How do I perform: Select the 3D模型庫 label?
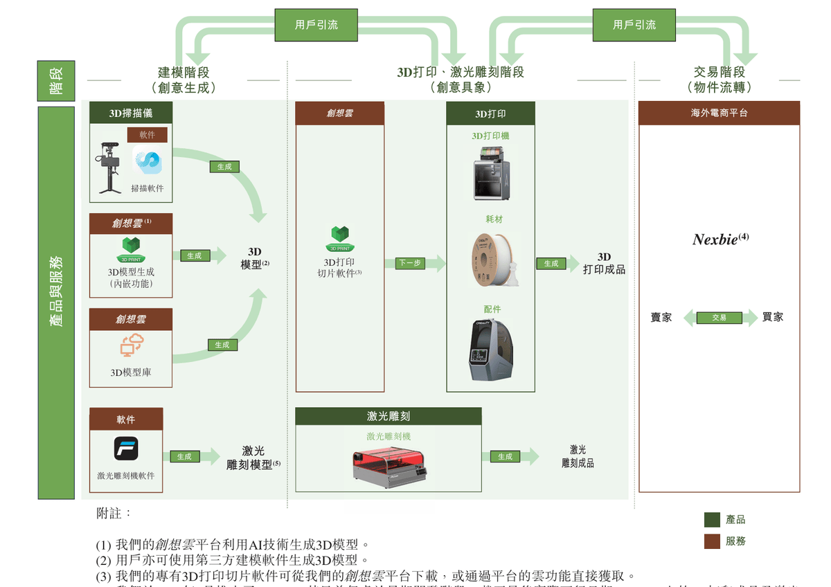coord(131,372)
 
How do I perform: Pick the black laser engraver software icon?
coord(126,449)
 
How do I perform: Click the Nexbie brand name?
coord(716,240)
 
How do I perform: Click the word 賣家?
coord(661,318)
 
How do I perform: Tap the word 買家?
coord(773,317)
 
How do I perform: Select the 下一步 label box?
coord(409,264)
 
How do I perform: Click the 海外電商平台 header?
coord(719,113)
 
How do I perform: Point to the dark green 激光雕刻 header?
coord(388,416)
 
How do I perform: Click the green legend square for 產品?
coord(712,520)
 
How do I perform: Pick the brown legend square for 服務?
coord(712,541)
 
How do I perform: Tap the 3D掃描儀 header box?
coord(130,113)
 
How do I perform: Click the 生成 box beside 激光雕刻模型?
coord(184,457)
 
